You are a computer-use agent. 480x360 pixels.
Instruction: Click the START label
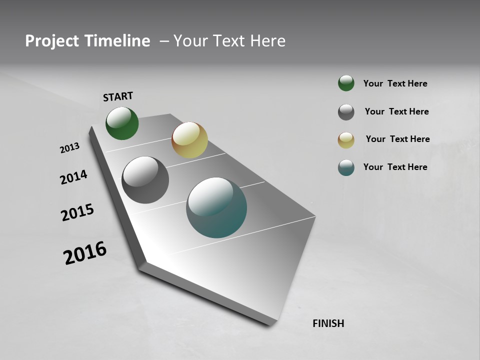(x=118, y=96)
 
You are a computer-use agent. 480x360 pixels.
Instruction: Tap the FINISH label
(x=328, y=323)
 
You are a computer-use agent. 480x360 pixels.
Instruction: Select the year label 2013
(x=69, y=148)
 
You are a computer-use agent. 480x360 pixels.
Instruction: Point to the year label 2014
(x=73, y=177)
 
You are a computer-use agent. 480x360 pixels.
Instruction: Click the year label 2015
(x=77, y=212)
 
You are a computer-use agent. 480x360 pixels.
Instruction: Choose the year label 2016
(x=85, y=253)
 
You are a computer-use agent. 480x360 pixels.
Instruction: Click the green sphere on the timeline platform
(x=122, y=123)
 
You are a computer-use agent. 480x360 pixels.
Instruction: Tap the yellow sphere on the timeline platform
(x=189, y=140)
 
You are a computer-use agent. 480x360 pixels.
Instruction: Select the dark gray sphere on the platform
(x=145, y=180)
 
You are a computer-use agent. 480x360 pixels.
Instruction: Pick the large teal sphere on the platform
(x=216, y=207)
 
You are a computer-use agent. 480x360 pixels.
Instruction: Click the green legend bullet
(x=346, y=83)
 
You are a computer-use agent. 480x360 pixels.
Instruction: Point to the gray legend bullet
(x=346, y=112)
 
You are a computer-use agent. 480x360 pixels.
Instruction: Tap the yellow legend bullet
(x=346, y=140)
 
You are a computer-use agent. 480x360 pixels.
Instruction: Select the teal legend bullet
(x=346, y=167)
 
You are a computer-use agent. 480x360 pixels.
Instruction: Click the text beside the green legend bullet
(x=395, y=83)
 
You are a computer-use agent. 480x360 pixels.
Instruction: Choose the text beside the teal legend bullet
(x=395, y=167)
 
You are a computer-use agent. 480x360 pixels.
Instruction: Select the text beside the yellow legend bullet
(x=397, y=139)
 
